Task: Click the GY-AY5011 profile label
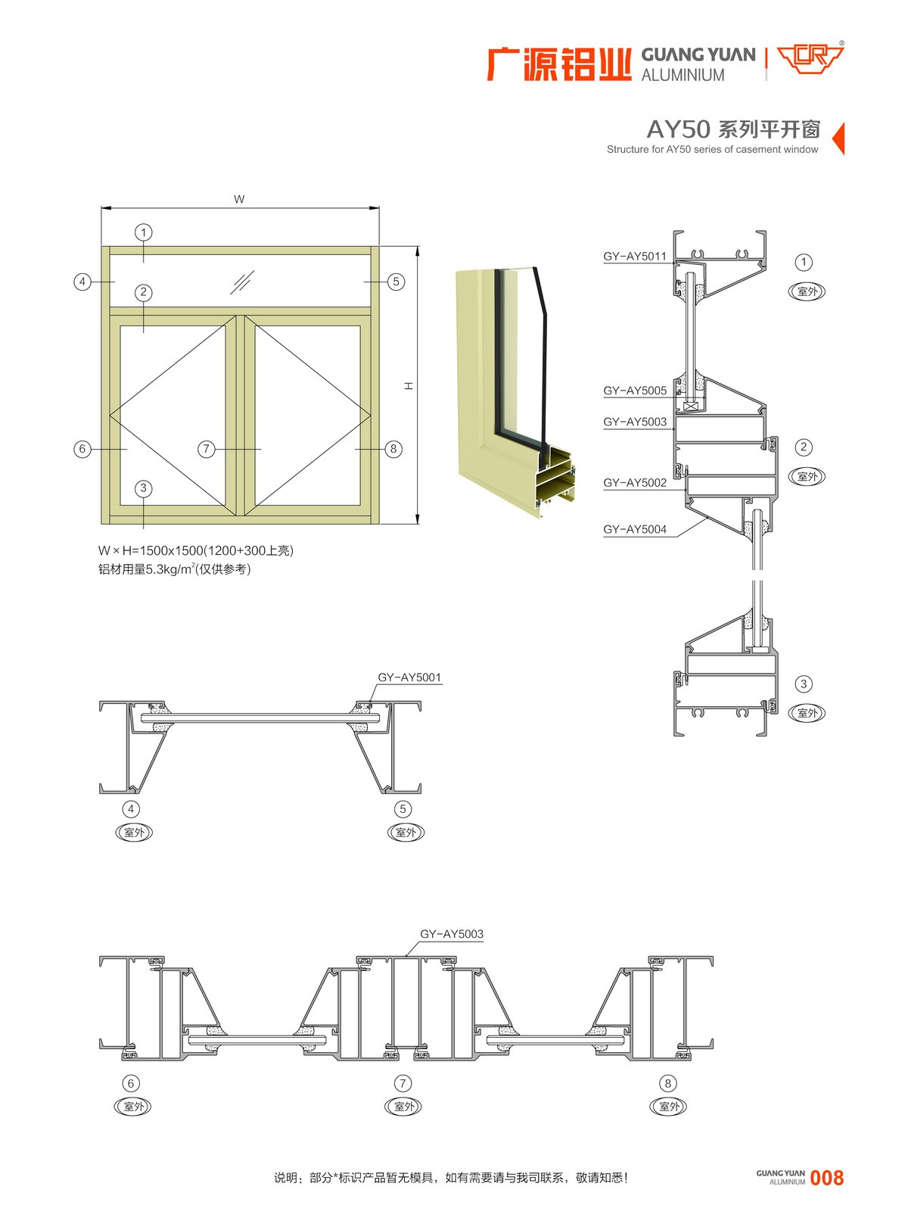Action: click(635, 256)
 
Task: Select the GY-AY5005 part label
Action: click(635, 391)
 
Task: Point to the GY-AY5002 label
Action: click(635, 482)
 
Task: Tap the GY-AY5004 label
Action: click(635, 529)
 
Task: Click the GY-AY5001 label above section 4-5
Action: click(409, 677)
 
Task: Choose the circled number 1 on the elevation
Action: click(143, 232)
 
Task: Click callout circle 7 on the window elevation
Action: click(206, 449)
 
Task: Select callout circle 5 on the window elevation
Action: click(396, 282)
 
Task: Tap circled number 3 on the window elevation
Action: click(144, 488)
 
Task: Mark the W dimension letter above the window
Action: click(239, 199)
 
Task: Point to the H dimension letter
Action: click(409, 385)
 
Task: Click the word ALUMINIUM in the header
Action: click(683, 75)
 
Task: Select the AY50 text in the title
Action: click(678, 129)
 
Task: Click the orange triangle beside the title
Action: click(838, 139)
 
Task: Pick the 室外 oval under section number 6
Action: click(133, 1107)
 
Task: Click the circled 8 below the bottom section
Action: click(667, 1083)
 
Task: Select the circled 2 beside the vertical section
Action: click(804, 447)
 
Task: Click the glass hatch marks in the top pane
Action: click(242, 282)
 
